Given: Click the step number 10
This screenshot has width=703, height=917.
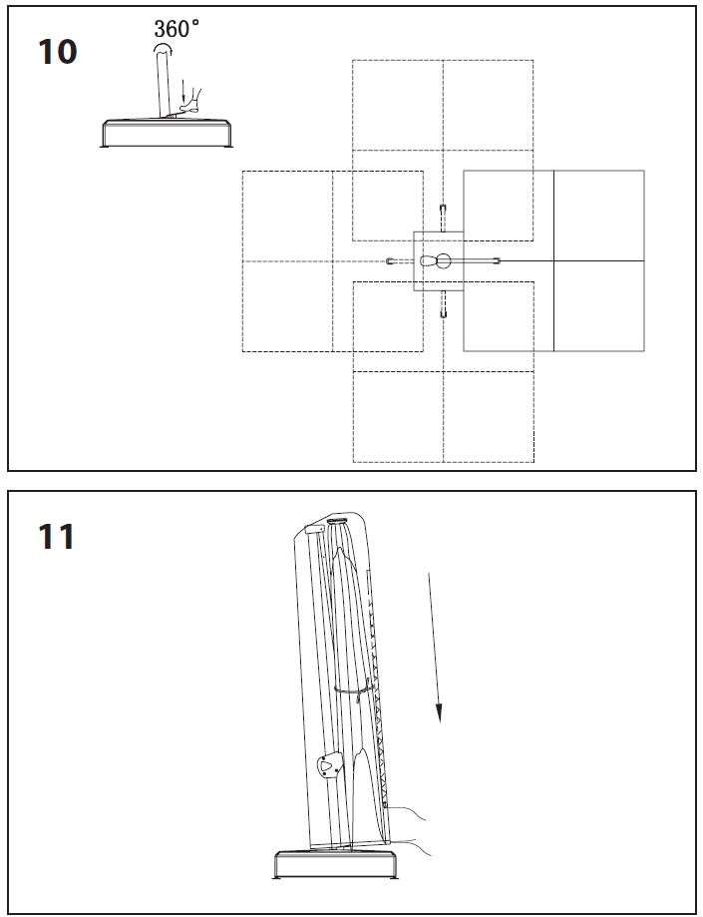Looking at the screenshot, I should (x=57, y=51).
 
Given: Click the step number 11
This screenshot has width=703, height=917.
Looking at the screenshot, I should (x=56, y=537).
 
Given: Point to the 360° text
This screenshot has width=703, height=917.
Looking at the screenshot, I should (x=176, y=29).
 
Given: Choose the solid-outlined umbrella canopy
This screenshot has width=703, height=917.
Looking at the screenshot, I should (x=553, y=260).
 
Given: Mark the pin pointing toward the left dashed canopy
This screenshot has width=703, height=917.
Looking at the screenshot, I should (x=392, y=261).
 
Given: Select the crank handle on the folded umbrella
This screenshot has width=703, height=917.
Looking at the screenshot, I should (x=327, y=768).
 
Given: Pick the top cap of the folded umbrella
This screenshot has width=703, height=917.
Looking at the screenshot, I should (x=334, y=522).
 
